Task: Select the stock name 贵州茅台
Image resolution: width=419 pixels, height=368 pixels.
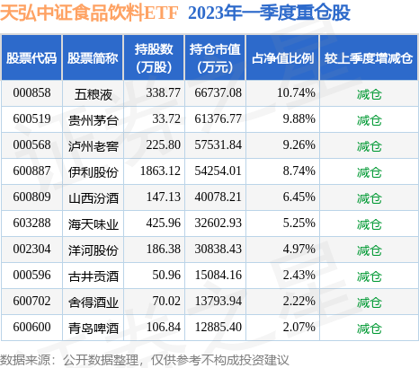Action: pyautogui.click(x=94, y=118)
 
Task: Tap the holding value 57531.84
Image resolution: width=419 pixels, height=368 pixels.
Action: pyautogui.click(x=216, y=143)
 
